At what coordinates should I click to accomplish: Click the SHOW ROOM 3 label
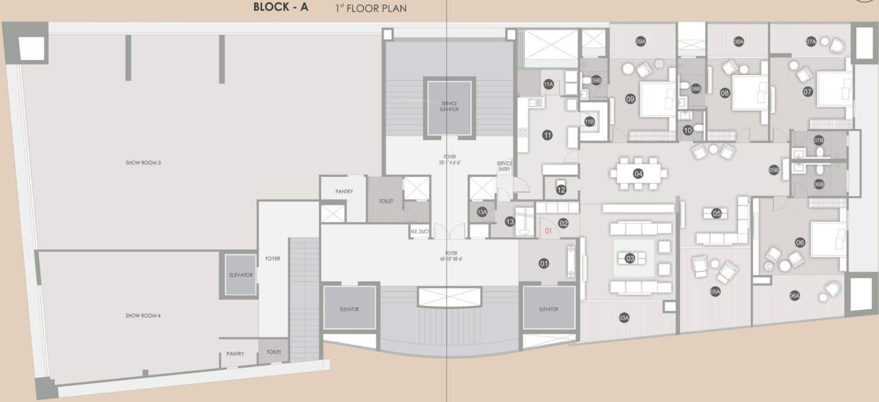[143, 162]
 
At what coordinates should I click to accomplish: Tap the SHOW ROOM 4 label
[143, 316]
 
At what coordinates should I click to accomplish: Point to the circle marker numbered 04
[638, 174]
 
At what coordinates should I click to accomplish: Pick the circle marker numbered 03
[630, 259]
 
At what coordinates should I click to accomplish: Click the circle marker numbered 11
[547, 136]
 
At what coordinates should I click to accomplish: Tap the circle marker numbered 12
[561, 190]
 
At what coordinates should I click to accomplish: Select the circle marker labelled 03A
[624, 318]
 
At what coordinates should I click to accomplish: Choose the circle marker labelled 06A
[795, 296]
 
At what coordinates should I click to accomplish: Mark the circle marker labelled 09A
[640, 41]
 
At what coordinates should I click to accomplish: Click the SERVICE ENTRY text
[505, 166]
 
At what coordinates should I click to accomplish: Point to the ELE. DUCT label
[420, 232]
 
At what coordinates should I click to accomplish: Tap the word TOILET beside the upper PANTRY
[386, 201]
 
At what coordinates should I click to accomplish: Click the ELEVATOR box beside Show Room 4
[241, 274]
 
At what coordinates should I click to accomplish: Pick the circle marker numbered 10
[688, 131]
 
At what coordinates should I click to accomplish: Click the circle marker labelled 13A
[482, 212]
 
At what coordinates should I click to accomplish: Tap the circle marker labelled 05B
[774, 170]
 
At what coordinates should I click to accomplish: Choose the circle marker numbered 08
[725, 93]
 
